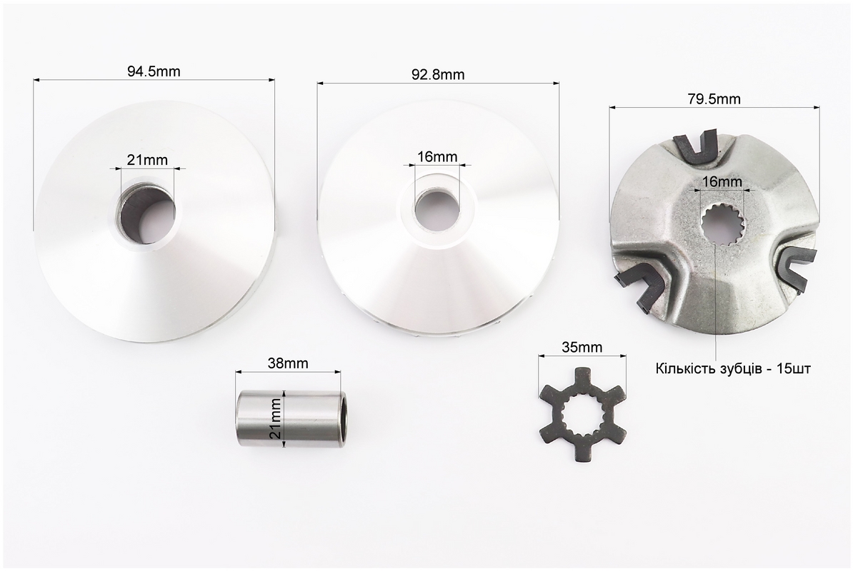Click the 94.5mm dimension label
154,71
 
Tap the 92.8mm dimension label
438,74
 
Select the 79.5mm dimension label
714,99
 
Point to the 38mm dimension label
288,363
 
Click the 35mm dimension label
582,347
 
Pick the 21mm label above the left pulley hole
147,160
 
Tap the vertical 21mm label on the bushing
276,418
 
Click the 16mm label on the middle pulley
437,157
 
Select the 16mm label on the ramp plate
722,181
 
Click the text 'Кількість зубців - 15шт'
733,369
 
